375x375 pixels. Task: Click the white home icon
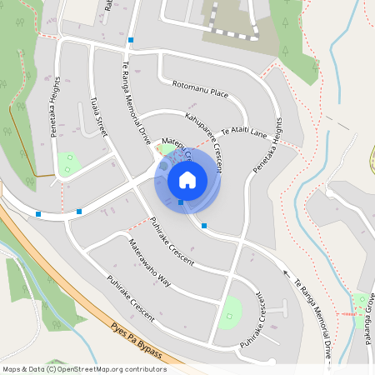point(187,179)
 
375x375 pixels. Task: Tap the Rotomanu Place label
point(200,90)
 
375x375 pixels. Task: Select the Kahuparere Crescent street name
point(204,141)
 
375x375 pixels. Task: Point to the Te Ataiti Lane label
point(243,130)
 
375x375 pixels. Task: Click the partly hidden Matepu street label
point(177,147)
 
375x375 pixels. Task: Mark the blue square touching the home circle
point(181,202)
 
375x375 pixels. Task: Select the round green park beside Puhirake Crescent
point(230,313)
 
